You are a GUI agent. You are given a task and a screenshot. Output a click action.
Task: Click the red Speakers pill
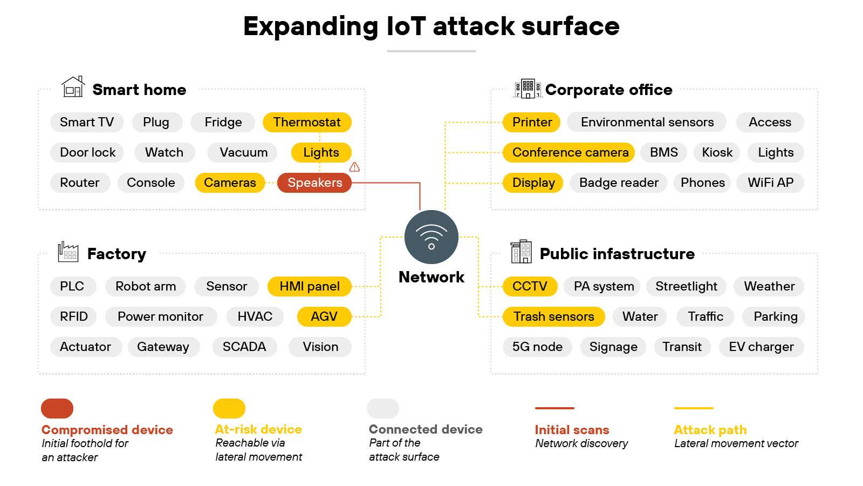(314, 183)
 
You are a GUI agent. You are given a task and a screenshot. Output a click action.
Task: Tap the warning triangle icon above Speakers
(354, 167)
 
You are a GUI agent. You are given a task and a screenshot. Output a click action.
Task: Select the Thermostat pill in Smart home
(307, 122)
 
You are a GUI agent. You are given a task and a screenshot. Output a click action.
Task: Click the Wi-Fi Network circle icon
(431, 237)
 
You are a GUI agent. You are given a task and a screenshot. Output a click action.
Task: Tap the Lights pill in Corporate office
(775, 152)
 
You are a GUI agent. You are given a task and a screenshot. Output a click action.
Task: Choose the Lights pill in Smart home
(321, 152)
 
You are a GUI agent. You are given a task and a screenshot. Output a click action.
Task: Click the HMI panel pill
(309, 286)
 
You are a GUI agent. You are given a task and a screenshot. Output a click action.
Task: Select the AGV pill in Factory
(324, 316)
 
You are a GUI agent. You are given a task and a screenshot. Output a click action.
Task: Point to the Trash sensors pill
(553, 316)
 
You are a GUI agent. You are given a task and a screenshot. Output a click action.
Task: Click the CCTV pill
(529, 286)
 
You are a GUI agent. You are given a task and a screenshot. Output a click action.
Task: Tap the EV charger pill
(761, 347)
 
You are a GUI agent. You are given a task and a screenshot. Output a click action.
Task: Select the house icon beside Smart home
(73, 87)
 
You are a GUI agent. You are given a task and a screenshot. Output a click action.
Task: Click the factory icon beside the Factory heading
(68, 252)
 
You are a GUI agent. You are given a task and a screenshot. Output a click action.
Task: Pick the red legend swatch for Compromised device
(57, 409)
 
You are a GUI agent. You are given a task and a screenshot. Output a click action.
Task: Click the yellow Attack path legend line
(694, 408)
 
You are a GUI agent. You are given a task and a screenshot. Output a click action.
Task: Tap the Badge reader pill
(619, 183)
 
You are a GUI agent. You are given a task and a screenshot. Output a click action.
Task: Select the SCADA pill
(244, 347)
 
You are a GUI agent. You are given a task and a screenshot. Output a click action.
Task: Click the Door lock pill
(87, 152)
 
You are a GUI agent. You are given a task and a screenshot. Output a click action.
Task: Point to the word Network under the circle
(431, 277)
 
